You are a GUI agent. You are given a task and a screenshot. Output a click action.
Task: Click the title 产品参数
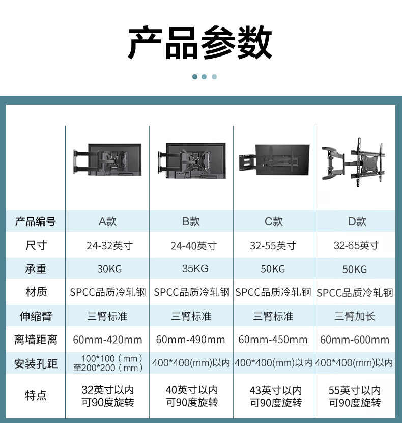coord(200,43)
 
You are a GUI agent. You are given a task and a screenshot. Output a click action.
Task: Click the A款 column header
coord(107,221)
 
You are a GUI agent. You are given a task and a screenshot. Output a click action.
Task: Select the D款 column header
coord(357,221)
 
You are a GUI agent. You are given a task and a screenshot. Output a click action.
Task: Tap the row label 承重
coord(36,269)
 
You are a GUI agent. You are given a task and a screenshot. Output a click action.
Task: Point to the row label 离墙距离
coord(36,340)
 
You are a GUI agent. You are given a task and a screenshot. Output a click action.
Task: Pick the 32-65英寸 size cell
coord(356,246)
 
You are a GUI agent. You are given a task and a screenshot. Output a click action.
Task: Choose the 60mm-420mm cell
coord(107,340)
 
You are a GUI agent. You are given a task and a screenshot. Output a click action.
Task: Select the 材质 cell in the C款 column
coord(273,292)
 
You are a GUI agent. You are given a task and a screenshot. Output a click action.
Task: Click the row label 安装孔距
coord(36,364)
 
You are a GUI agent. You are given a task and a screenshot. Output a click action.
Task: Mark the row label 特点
coord(36,396)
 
